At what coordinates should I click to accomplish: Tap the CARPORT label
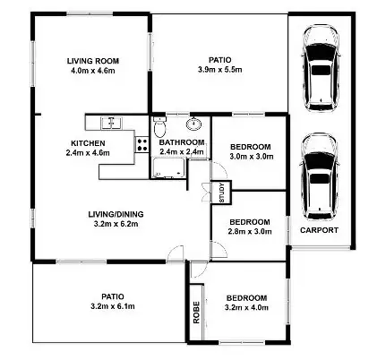319,231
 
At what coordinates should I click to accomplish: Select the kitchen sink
110,122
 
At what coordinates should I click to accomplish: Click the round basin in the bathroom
194,124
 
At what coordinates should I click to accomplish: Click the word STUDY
219,191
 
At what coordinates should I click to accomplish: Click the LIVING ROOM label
93,61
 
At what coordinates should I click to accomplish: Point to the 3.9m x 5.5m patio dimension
219,70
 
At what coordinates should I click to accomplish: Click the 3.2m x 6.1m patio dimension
112,306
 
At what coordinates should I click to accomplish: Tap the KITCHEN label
89,142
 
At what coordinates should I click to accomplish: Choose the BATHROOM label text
182,142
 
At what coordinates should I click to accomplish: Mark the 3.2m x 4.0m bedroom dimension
245,308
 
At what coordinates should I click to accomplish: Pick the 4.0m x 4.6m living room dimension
93,72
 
